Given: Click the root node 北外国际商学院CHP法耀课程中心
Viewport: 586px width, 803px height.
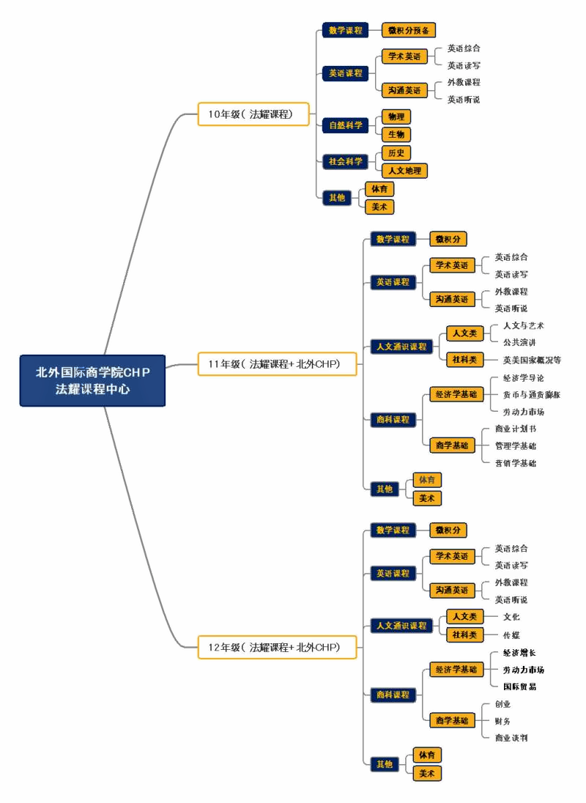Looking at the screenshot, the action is tap(92, 380).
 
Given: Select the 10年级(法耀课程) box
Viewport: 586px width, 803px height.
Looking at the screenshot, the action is tap(253, 114).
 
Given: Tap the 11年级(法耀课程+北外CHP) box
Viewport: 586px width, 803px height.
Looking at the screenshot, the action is tap(277, 364).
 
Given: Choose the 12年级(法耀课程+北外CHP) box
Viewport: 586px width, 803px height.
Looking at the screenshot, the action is tap(277, 648).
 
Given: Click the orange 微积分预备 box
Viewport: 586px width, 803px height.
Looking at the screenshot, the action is tap(409, 30).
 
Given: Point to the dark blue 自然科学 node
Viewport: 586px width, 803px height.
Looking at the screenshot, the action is tap(346, 125).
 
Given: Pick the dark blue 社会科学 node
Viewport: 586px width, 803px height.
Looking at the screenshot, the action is tap(346, 161).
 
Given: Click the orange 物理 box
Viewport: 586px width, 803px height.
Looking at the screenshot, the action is tap(396, 116).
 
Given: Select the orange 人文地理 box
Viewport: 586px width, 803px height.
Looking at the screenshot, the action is tap(404, 171).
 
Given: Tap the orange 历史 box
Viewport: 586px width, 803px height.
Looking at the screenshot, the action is tap(396, 152).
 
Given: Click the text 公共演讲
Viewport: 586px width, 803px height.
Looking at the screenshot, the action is tap(519, 342).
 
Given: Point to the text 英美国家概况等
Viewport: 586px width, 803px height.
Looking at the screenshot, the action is tap(532, 360).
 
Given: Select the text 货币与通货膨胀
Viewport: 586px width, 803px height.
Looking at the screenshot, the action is tap(531, 395).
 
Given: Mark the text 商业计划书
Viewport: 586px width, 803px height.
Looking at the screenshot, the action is tap(516, 429).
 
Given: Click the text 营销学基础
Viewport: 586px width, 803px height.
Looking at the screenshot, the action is tap(516, 463).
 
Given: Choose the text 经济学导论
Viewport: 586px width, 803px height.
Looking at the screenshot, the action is tap(523, 378).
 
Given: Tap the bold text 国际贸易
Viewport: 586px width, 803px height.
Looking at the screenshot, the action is tap(519, 687).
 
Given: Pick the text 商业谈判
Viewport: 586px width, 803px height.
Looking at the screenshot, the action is tap(511, 738).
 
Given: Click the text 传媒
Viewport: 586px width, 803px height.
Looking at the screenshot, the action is tap(511, 635).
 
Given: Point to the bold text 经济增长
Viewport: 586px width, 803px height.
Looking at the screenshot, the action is tap(519, 652).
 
